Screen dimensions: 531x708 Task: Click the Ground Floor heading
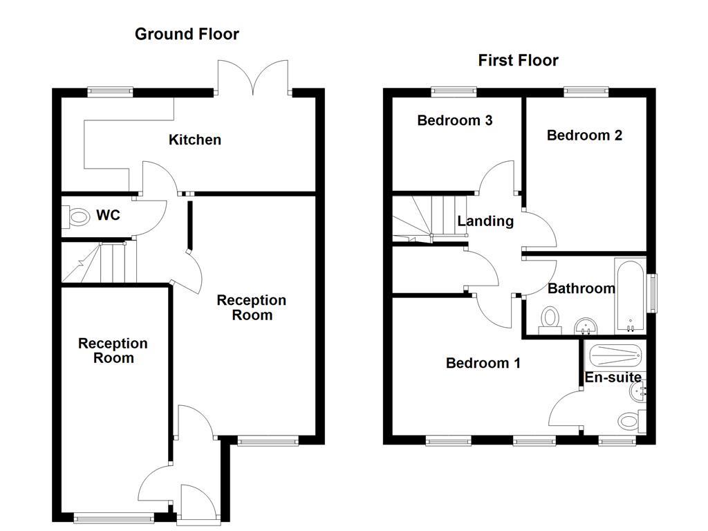tap(187, 34)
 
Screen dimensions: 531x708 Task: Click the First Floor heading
tap(518, 60)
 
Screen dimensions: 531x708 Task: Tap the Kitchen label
tap(195, 140)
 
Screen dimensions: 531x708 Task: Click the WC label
tap(108, 216)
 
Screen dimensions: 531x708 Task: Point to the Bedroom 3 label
tap(454, 120)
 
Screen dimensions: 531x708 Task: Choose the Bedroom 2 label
tap(584, 135)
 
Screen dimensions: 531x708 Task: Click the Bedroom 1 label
tap(483, 363)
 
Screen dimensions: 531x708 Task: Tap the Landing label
tap(485, 221)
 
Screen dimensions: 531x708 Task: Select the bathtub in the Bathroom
tap(629, 296)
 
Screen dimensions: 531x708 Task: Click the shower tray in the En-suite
tap(615, 355)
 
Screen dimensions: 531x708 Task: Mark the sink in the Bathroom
tap(586, 325)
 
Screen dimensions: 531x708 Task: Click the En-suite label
tap(613, 378)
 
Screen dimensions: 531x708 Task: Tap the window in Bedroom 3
tap(454, 90)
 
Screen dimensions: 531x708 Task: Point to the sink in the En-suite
tap(637, 392)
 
